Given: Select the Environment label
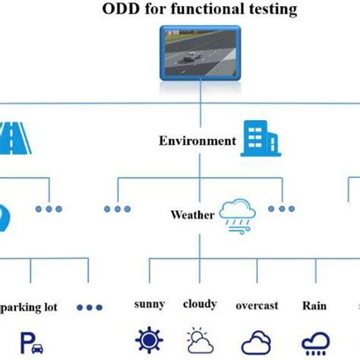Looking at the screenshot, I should coord(197,141).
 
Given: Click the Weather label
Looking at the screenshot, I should coord(192,215).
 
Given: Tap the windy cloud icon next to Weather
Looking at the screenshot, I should coord(236,213).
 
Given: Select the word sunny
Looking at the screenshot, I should coord(149,305).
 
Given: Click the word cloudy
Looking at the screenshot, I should coord(200,304).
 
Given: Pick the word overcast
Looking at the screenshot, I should coord(256,305).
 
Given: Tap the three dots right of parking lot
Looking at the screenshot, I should coord(90,308).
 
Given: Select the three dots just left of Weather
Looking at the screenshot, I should coord(117,208).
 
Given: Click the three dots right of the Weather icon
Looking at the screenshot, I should coord(280,208).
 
